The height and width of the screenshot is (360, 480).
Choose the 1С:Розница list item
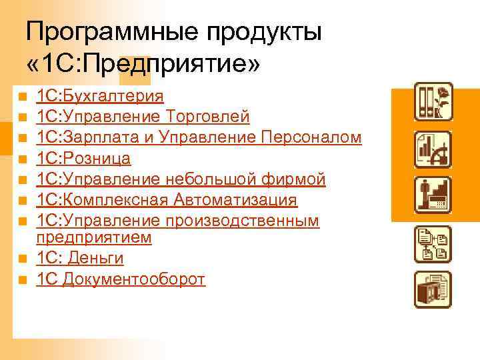pos(84,159)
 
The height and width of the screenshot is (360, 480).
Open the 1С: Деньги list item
pos(81,258)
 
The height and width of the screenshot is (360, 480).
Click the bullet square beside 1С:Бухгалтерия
pos(22,97)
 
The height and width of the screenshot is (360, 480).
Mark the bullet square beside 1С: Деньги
pos(22,259)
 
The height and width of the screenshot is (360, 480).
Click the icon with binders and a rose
pos(433,101)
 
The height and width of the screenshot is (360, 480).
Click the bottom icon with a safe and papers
pos(433,289)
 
